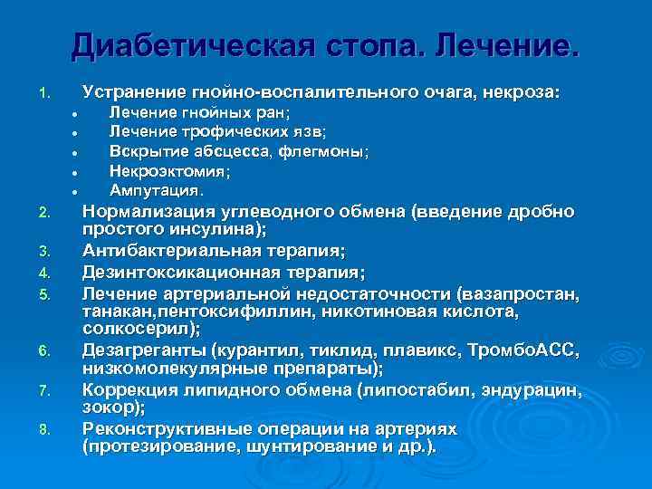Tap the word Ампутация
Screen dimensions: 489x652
point(155,190)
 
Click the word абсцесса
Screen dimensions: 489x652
point(229,150)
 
